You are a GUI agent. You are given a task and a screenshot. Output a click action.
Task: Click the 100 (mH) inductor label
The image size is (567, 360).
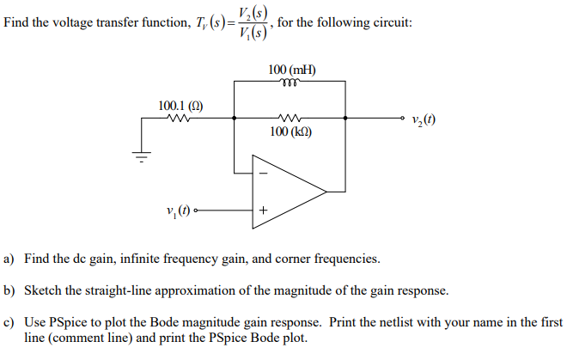click(290, 69)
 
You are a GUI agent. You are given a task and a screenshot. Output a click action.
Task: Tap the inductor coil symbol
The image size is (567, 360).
click(290, 82)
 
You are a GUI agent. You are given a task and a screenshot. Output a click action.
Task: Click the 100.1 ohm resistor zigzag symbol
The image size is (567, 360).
click(180, 120)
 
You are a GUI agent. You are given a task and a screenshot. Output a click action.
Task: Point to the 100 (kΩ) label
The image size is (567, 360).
click(290, 134)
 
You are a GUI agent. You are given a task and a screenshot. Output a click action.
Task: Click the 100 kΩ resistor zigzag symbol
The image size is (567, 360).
click(290, 120)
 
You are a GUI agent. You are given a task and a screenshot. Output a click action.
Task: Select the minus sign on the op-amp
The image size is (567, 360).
click(263, 173)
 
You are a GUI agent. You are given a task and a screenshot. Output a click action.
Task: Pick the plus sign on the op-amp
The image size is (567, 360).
click(263, 210)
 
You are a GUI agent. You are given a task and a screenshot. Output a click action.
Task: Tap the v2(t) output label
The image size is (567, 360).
click(424, 120)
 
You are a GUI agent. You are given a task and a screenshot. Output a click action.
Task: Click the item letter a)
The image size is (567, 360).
click(9, 259)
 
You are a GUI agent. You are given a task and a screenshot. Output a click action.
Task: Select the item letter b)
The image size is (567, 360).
click(9, 290)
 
